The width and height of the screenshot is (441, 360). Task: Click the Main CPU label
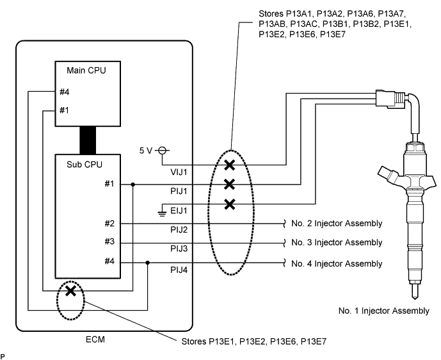coord(86,70)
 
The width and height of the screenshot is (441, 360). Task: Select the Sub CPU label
coord(84,165)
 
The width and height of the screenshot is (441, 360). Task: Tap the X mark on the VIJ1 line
coord(230,165)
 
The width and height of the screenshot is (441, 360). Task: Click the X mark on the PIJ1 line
coord(230,184)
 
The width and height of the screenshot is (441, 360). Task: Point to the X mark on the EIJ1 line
coord(230,204)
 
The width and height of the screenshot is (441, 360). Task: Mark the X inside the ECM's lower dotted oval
coord(70,291)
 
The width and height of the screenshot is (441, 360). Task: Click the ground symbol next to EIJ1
coord(162,213)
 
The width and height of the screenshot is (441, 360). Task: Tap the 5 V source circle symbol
coord(162,151)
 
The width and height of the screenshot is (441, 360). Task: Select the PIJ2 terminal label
coord(179,230)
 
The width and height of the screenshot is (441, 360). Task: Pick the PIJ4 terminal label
coord(179,270)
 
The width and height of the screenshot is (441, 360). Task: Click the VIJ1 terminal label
coord(179,172)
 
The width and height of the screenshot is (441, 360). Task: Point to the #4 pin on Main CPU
coord(65,92)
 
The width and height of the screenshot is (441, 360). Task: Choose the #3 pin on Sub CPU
coord(109,241)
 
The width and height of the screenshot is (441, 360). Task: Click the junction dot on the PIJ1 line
coord(133,184)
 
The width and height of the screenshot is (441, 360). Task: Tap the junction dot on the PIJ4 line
coord(148,263)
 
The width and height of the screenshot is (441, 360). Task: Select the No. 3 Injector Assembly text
coord(337,242)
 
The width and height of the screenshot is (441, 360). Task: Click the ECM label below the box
coord(95,340)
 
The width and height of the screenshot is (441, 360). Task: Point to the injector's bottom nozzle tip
coord(414,299)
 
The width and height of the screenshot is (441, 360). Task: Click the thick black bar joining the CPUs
coord(88,140)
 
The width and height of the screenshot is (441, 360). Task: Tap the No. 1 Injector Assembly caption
coord(383,311)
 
